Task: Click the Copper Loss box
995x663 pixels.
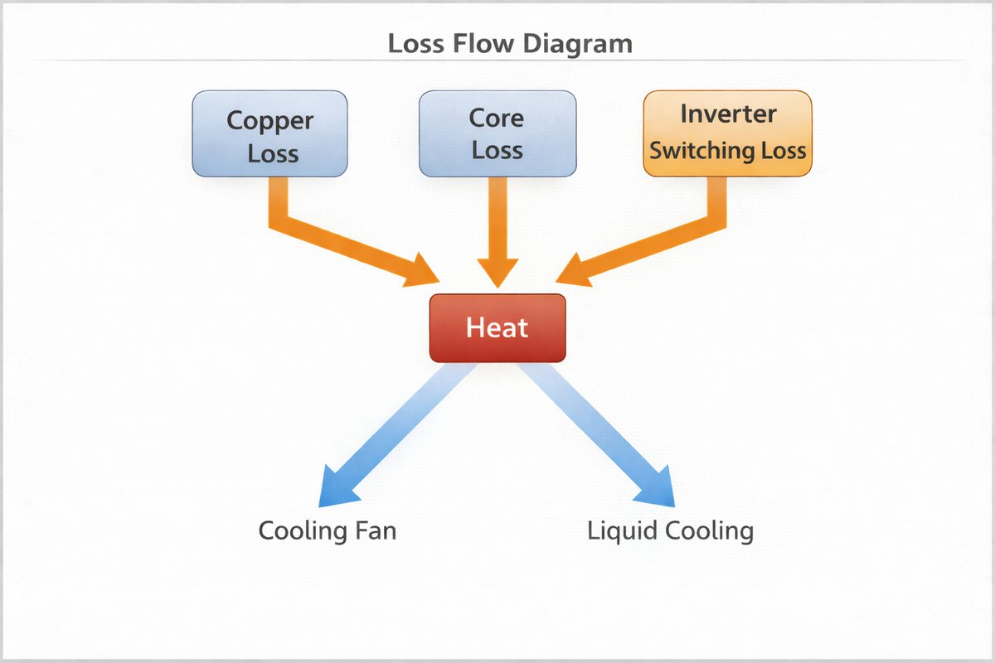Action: [x=269, y=134]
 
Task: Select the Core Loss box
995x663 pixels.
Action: [x=497, y=134]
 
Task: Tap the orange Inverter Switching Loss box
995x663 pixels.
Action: [x=727, y=133]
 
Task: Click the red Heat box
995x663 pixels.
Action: [x=497, y=327]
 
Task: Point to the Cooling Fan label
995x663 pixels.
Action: [x=327, y=530]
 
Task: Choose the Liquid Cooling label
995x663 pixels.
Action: [x=670, y=530]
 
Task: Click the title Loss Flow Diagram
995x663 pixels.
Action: [x=510, y=44]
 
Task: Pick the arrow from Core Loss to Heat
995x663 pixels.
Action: [x=497, y=232]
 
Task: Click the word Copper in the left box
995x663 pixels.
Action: [x=270, y=121]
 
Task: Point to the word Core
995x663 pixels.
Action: [x=497, y=119]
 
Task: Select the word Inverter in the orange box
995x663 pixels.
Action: [x=728, y=114]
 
